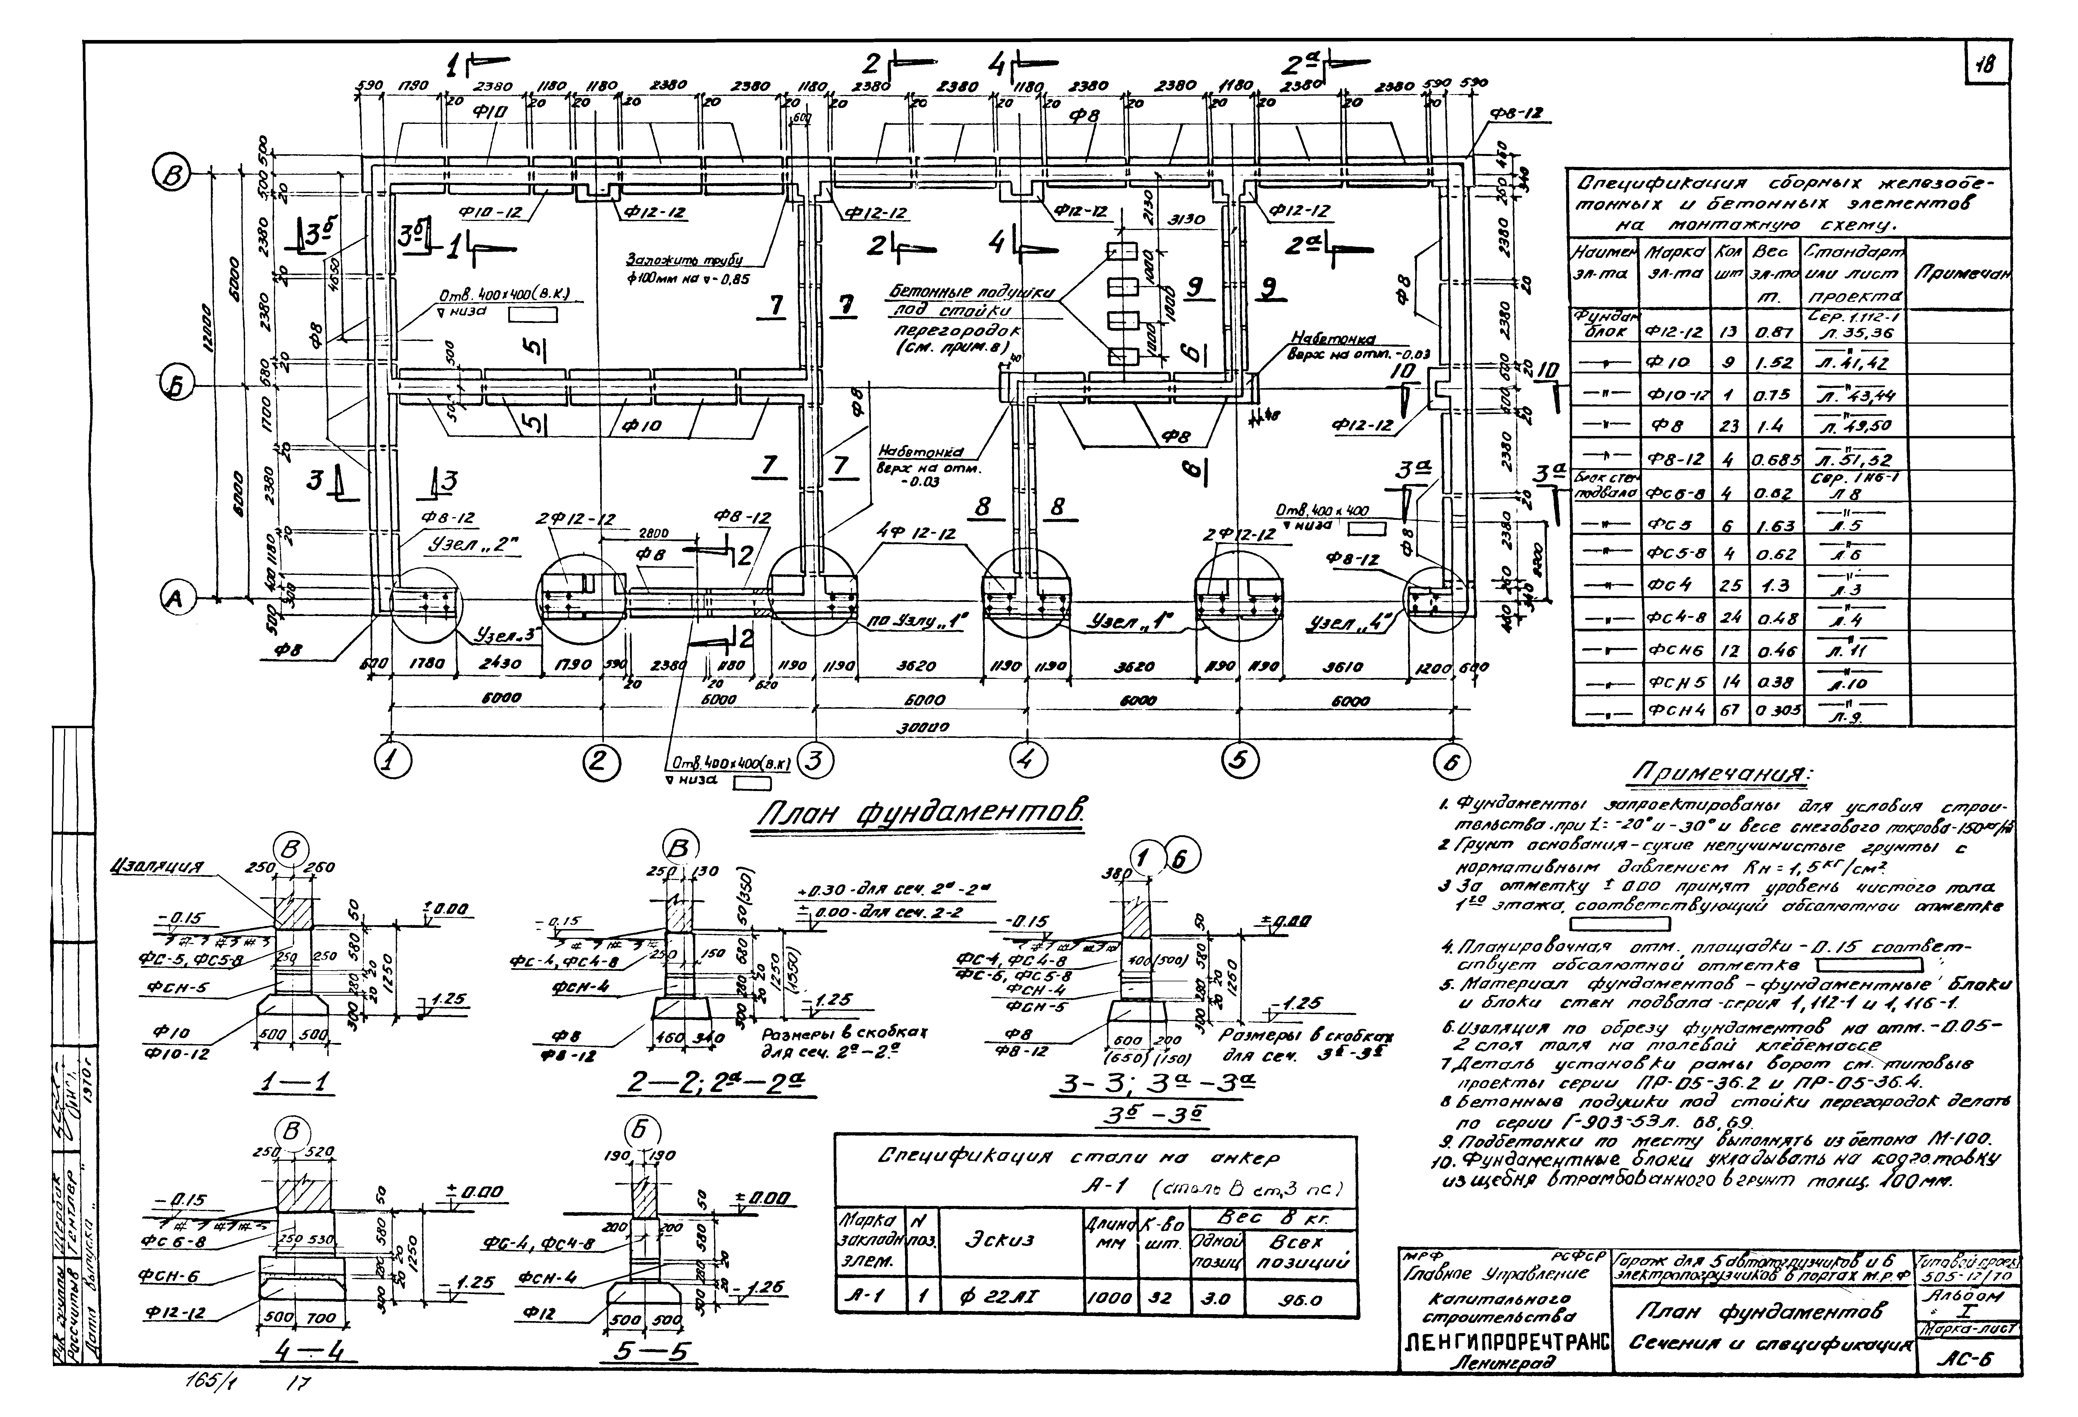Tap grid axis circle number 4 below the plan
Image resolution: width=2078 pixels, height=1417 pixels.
pyautogui.click(x=1026, y=761)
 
